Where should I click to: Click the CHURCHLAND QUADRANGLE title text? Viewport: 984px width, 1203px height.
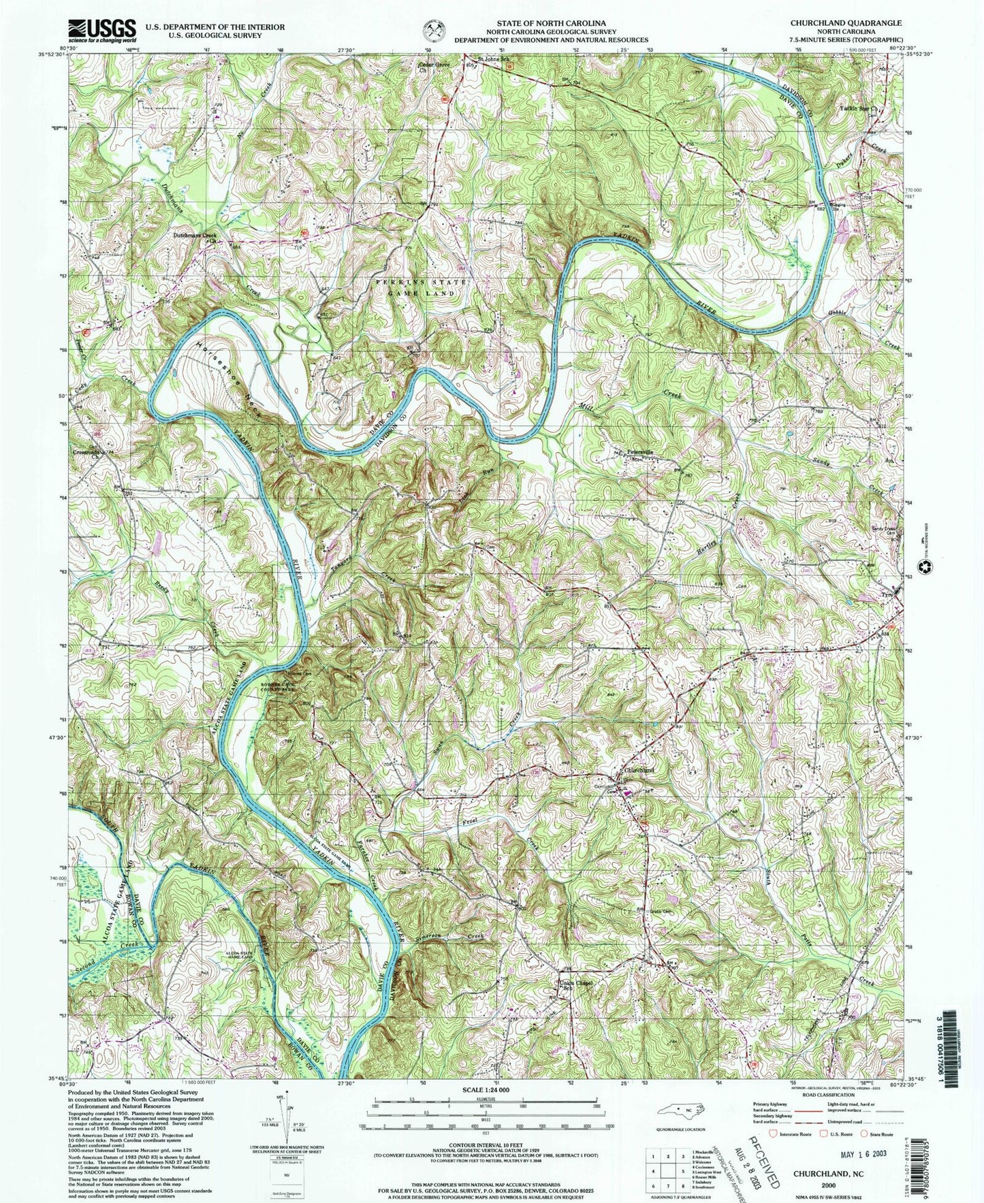846,22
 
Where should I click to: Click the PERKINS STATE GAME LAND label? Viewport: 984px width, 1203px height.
415,287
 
